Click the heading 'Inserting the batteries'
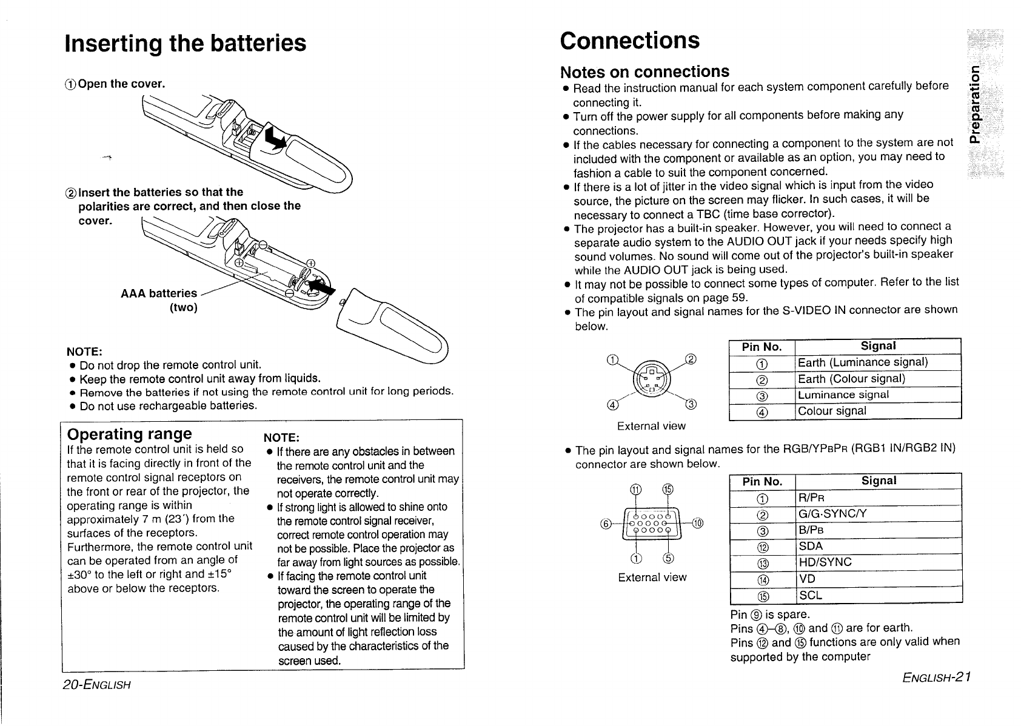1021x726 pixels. click(x=185, y=44)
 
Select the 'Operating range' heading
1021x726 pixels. click(x=130, y=434)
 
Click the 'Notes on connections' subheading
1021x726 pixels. click(x=644, y=72)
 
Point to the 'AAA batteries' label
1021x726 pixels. click(x=159, y=294)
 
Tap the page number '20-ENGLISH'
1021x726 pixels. click(x=96, y=685)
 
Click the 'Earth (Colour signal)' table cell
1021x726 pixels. click(x=851, y=379)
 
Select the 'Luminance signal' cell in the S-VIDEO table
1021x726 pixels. click(x=843, y=395)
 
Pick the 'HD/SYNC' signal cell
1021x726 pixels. click(x=825, y=562)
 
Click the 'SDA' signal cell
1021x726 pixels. click(x=811, y=546)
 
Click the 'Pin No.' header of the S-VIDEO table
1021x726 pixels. click(x=762, y=347)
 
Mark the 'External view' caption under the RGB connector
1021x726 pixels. click(x=652, y=578)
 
